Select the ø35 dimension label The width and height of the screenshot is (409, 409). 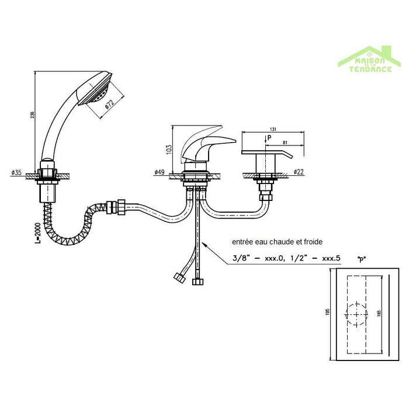(x=16, y=173)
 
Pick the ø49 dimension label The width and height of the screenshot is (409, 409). (x=158, y=173)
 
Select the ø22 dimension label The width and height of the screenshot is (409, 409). (x=299, y=173)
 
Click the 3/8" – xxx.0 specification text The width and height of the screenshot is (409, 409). (x=252, y=258)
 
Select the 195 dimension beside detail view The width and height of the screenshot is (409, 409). (x=329, y=312)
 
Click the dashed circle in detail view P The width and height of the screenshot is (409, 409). (x=355, y=314)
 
